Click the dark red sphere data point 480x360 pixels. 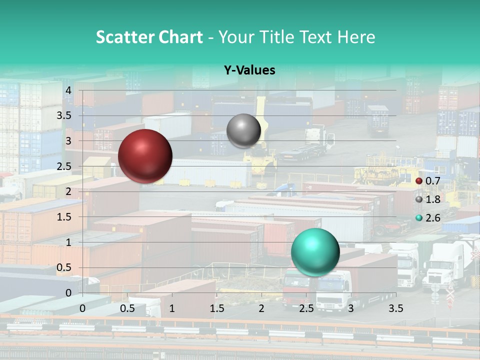pos(145,156)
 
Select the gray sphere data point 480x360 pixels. pos(243,130)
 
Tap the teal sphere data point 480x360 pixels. pos(315,252)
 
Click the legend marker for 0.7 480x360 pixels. pos(419,181)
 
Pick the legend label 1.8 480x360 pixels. pos(433,199)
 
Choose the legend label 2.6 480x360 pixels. pos(433,218)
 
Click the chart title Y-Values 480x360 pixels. pos(249,70)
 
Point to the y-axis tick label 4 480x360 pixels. pos(69,90)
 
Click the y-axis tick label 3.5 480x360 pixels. pos(64,115)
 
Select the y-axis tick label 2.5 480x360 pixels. pos(64,166)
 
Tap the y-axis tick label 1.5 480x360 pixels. pos(64,217)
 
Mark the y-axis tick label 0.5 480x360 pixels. pos(64,267)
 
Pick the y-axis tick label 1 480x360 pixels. pos(69,242)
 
